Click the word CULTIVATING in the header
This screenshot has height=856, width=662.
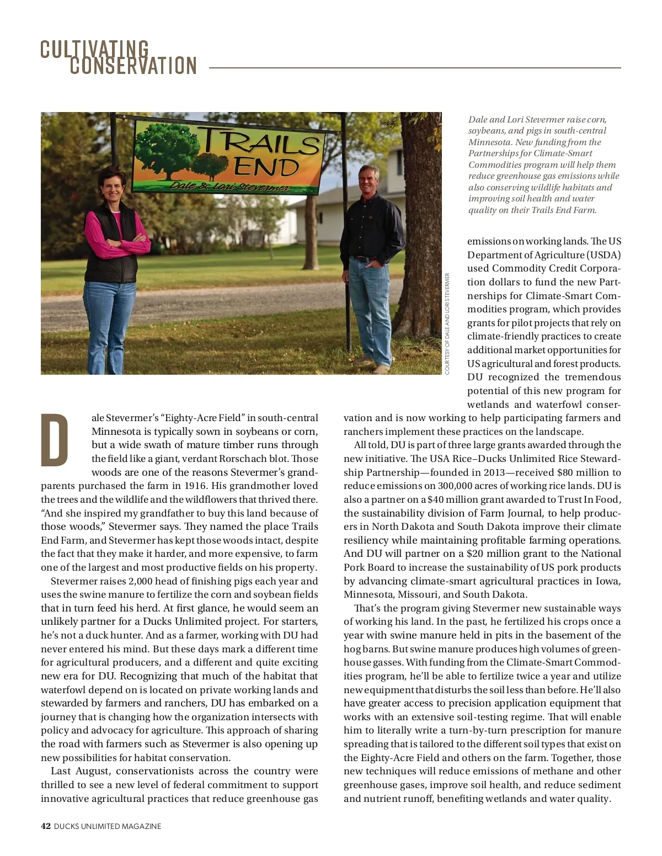point(94,49)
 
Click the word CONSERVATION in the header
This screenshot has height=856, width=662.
point(133,66)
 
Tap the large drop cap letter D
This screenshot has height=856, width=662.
point(55,440)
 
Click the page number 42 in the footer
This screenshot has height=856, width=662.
point(46,826)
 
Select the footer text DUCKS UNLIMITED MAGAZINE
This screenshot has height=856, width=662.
point(108,826)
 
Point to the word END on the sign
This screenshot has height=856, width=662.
point(266,167)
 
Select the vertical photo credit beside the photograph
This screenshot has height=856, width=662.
point(447,323)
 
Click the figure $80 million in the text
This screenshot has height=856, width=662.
point(577,472)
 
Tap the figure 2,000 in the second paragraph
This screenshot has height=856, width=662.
point(145,581)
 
